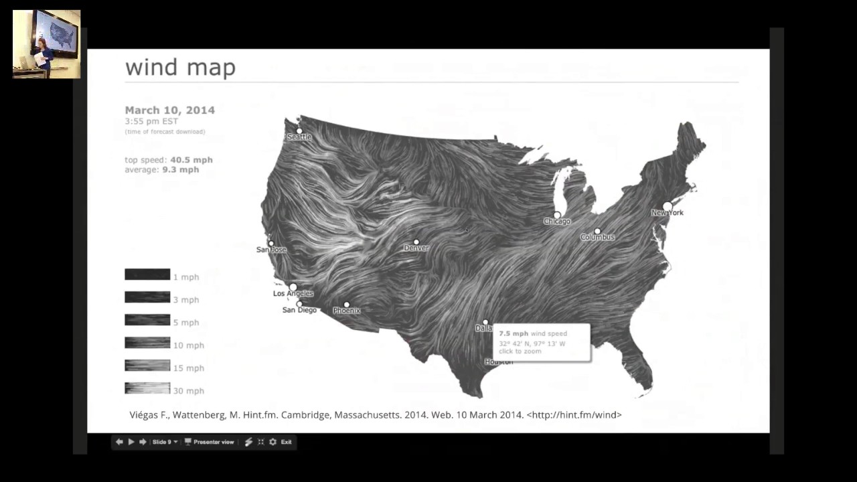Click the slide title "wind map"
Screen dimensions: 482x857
tap(180, 68)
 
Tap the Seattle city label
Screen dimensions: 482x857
tap(299, 137)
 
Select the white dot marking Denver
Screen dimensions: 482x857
tap(416, 242)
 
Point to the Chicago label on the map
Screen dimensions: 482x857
tap(557, 222)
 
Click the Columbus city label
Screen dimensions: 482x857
tap(597, 237)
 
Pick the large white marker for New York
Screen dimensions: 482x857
tap(668, 206)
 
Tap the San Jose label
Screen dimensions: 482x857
tap(271, 250)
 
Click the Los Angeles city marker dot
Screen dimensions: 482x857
tap(293, 287)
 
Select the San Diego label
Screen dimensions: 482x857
tap(299, 310)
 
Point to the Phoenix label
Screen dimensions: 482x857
tap(347, 311)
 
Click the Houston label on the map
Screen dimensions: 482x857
tap(499, 362)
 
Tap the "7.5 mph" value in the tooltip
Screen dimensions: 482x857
tap(514, 333)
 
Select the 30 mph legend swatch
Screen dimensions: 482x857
tap(147, 388)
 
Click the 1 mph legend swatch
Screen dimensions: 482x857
tap(147, 274)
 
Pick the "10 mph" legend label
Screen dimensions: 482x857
tap(189, 345)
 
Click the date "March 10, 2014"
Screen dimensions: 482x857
tap(169, 110)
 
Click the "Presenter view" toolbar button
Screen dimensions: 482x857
tap(210, 442)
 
